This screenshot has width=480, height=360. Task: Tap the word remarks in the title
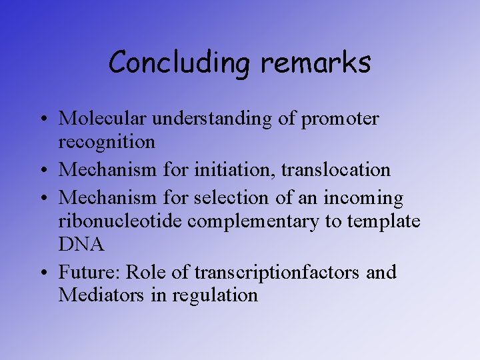coord(315,62)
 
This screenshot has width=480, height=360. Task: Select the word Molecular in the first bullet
coord(103,119)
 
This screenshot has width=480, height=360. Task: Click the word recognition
coord(107,142)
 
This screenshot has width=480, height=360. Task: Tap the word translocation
coord(335,170)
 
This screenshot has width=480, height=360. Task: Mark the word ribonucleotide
coord(122,221)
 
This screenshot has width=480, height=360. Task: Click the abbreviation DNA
coord(81,245)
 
